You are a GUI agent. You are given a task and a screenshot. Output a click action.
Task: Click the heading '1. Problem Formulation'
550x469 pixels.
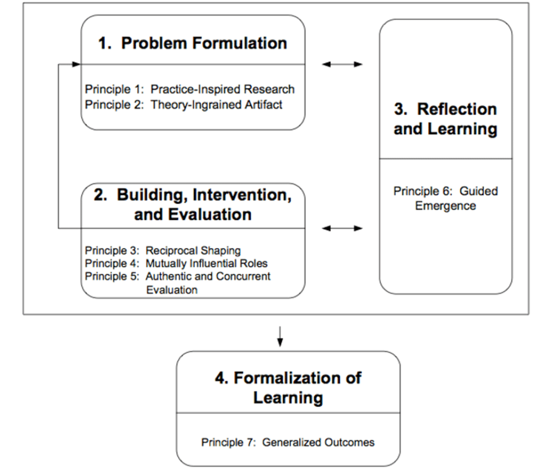(x=192, y=44)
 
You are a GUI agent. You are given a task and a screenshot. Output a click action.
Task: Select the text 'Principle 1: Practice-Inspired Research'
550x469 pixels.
(x=190, y=89)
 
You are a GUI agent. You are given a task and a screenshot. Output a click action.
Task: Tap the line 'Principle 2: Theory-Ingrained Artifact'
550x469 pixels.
(x=184, y=105)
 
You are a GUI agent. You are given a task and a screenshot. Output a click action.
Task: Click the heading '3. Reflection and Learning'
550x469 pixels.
(x=445, y=119)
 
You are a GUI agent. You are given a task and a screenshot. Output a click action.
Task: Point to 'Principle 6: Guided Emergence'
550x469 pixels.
(x=445, y=198)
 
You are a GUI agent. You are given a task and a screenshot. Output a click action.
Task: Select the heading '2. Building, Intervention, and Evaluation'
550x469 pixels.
(x=193, y=204)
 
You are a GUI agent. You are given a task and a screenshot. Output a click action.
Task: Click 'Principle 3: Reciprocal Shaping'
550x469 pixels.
(x=163, y=251)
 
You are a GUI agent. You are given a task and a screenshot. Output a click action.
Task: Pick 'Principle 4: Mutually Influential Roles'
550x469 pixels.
(x=176, y=264)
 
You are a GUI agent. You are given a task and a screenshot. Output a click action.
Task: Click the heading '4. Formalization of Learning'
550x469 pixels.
(x=288, y=388)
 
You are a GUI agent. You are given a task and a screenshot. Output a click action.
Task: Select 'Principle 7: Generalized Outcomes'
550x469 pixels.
(x=288, y=442)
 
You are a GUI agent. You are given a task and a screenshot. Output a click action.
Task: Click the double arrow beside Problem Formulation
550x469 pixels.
(x=342, y=64)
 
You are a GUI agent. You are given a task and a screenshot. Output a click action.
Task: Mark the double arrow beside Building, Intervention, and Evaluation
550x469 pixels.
(x=342, y=228)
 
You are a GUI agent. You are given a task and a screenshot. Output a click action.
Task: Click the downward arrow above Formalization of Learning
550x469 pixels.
(x=280, y=336)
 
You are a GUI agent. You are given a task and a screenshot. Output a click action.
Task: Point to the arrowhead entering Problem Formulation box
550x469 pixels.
(x=76, y=64)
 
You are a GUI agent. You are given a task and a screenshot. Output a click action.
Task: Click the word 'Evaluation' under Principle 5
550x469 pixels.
(x=172, y=289)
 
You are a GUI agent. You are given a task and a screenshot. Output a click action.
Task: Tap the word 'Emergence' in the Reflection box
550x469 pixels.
(x=445, y=206)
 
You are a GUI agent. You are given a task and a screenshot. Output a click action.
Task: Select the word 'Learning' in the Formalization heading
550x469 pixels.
(x=288, y=397)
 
